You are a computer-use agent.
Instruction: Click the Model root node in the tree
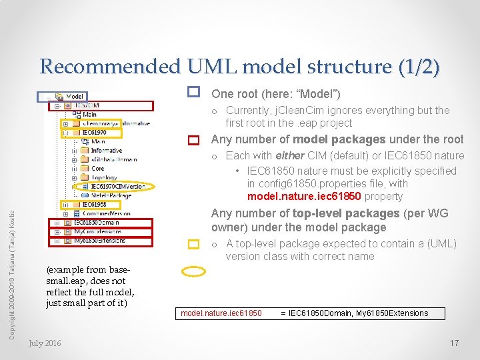[74, 97]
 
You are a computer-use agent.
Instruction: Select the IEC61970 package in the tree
[93, 133]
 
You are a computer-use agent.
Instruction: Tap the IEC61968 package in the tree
[93, 204]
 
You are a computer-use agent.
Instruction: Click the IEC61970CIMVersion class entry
[117, 187]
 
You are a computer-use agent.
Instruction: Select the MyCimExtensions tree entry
[97, 232]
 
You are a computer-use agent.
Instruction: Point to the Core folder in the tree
[97, 169]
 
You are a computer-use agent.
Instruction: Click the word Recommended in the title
[110, 67]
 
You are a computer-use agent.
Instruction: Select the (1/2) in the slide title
[419, 67]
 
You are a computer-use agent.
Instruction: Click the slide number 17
[454, 343]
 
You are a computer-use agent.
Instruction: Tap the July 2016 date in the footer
[45, 343]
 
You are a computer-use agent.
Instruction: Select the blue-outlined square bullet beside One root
[194, 91]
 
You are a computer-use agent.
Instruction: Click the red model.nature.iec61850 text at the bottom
[221, 313]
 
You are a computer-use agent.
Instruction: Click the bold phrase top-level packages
[346, 213]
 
